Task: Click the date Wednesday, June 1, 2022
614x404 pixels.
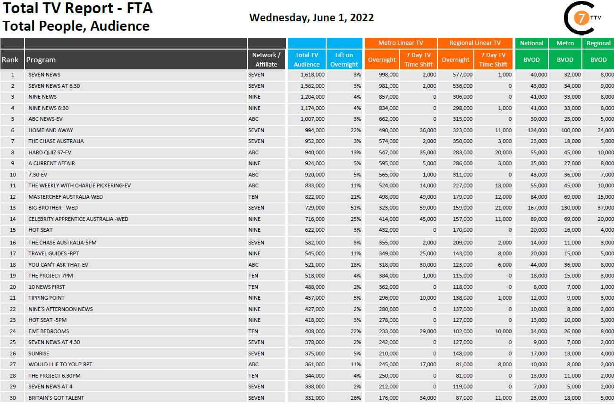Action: [x=311, y=18]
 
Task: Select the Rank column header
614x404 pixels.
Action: [x=10, y=60]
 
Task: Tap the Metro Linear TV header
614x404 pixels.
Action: [x=401, y=43]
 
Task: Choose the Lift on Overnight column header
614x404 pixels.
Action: [x=344, y=60]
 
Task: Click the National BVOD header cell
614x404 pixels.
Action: [x=531, y=43]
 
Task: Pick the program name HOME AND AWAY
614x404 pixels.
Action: [x=50, y=130]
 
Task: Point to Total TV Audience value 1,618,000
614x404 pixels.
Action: [x=312, y=75]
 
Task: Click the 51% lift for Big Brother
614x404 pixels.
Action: [x=355, y=208]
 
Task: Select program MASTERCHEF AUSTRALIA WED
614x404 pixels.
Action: [x=65, y=197]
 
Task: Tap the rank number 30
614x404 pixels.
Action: [x=13, y=398]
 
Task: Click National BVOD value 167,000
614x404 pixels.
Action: [x=537, y=208]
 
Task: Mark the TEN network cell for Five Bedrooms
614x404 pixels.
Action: [x=253, y=331]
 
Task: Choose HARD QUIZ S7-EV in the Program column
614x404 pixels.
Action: [x=50, y=152]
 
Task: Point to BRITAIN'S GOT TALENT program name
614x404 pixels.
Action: [x=56, y=398]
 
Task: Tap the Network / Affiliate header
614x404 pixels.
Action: [x=266, y=60]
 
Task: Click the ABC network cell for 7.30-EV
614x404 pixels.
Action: [x=253, y=175]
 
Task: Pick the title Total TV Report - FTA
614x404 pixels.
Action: [x=78, y=8]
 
